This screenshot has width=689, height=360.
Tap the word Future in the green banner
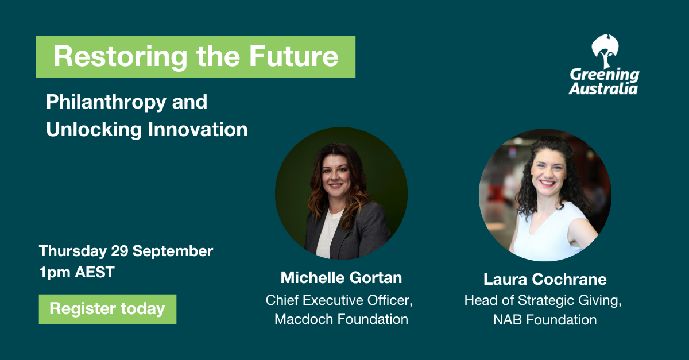294,56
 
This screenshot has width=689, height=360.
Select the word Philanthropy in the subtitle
106,103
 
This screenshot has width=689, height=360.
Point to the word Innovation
198,129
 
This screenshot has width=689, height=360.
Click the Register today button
108,309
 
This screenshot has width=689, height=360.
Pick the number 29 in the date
119,251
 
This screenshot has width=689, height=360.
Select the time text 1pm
55,273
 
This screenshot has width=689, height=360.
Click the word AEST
95,272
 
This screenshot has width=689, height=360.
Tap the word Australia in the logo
603,88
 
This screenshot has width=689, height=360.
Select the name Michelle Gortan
341,277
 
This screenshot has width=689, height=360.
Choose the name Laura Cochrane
545,280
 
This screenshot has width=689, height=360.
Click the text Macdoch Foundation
341,319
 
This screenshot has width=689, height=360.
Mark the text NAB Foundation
545,320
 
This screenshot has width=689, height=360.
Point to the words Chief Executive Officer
338,300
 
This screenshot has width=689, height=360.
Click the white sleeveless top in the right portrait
551,234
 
